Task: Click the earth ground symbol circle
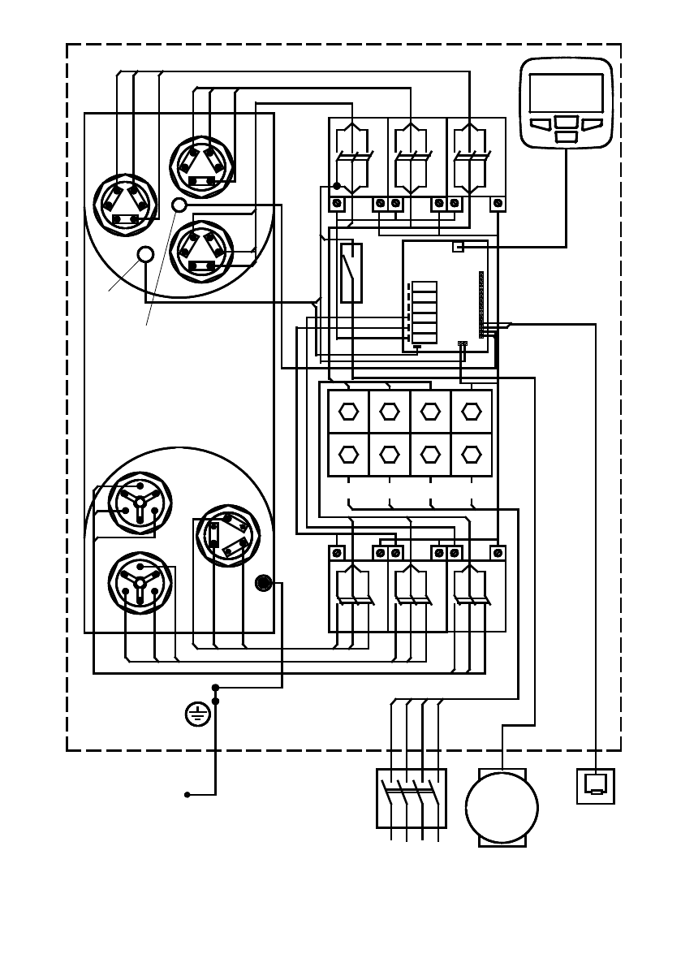pos(197,714)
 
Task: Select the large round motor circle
pos(502,809)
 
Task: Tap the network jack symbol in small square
pos(596,785)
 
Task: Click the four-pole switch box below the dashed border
pos(412,798)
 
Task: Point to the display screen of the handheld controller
pos(566,93)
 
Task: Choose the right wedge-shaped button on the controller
pos(592,124)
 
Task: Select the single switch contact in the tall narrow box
pos(351,272)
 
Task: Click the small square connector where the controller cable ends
pos(458,246)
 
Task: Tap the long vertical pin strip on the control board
pos(481,304)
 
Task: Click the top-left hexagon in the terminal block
pos(348,412)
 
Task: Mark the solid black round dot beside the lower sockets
pos(263,583)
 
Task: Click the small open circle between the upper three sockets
pos(180,205)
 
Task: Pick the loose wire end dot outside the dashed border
pos(187,794)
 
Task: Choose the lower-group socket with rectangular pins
pos(228,536)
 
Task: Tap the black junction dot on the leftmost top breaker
pos(337,186)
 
